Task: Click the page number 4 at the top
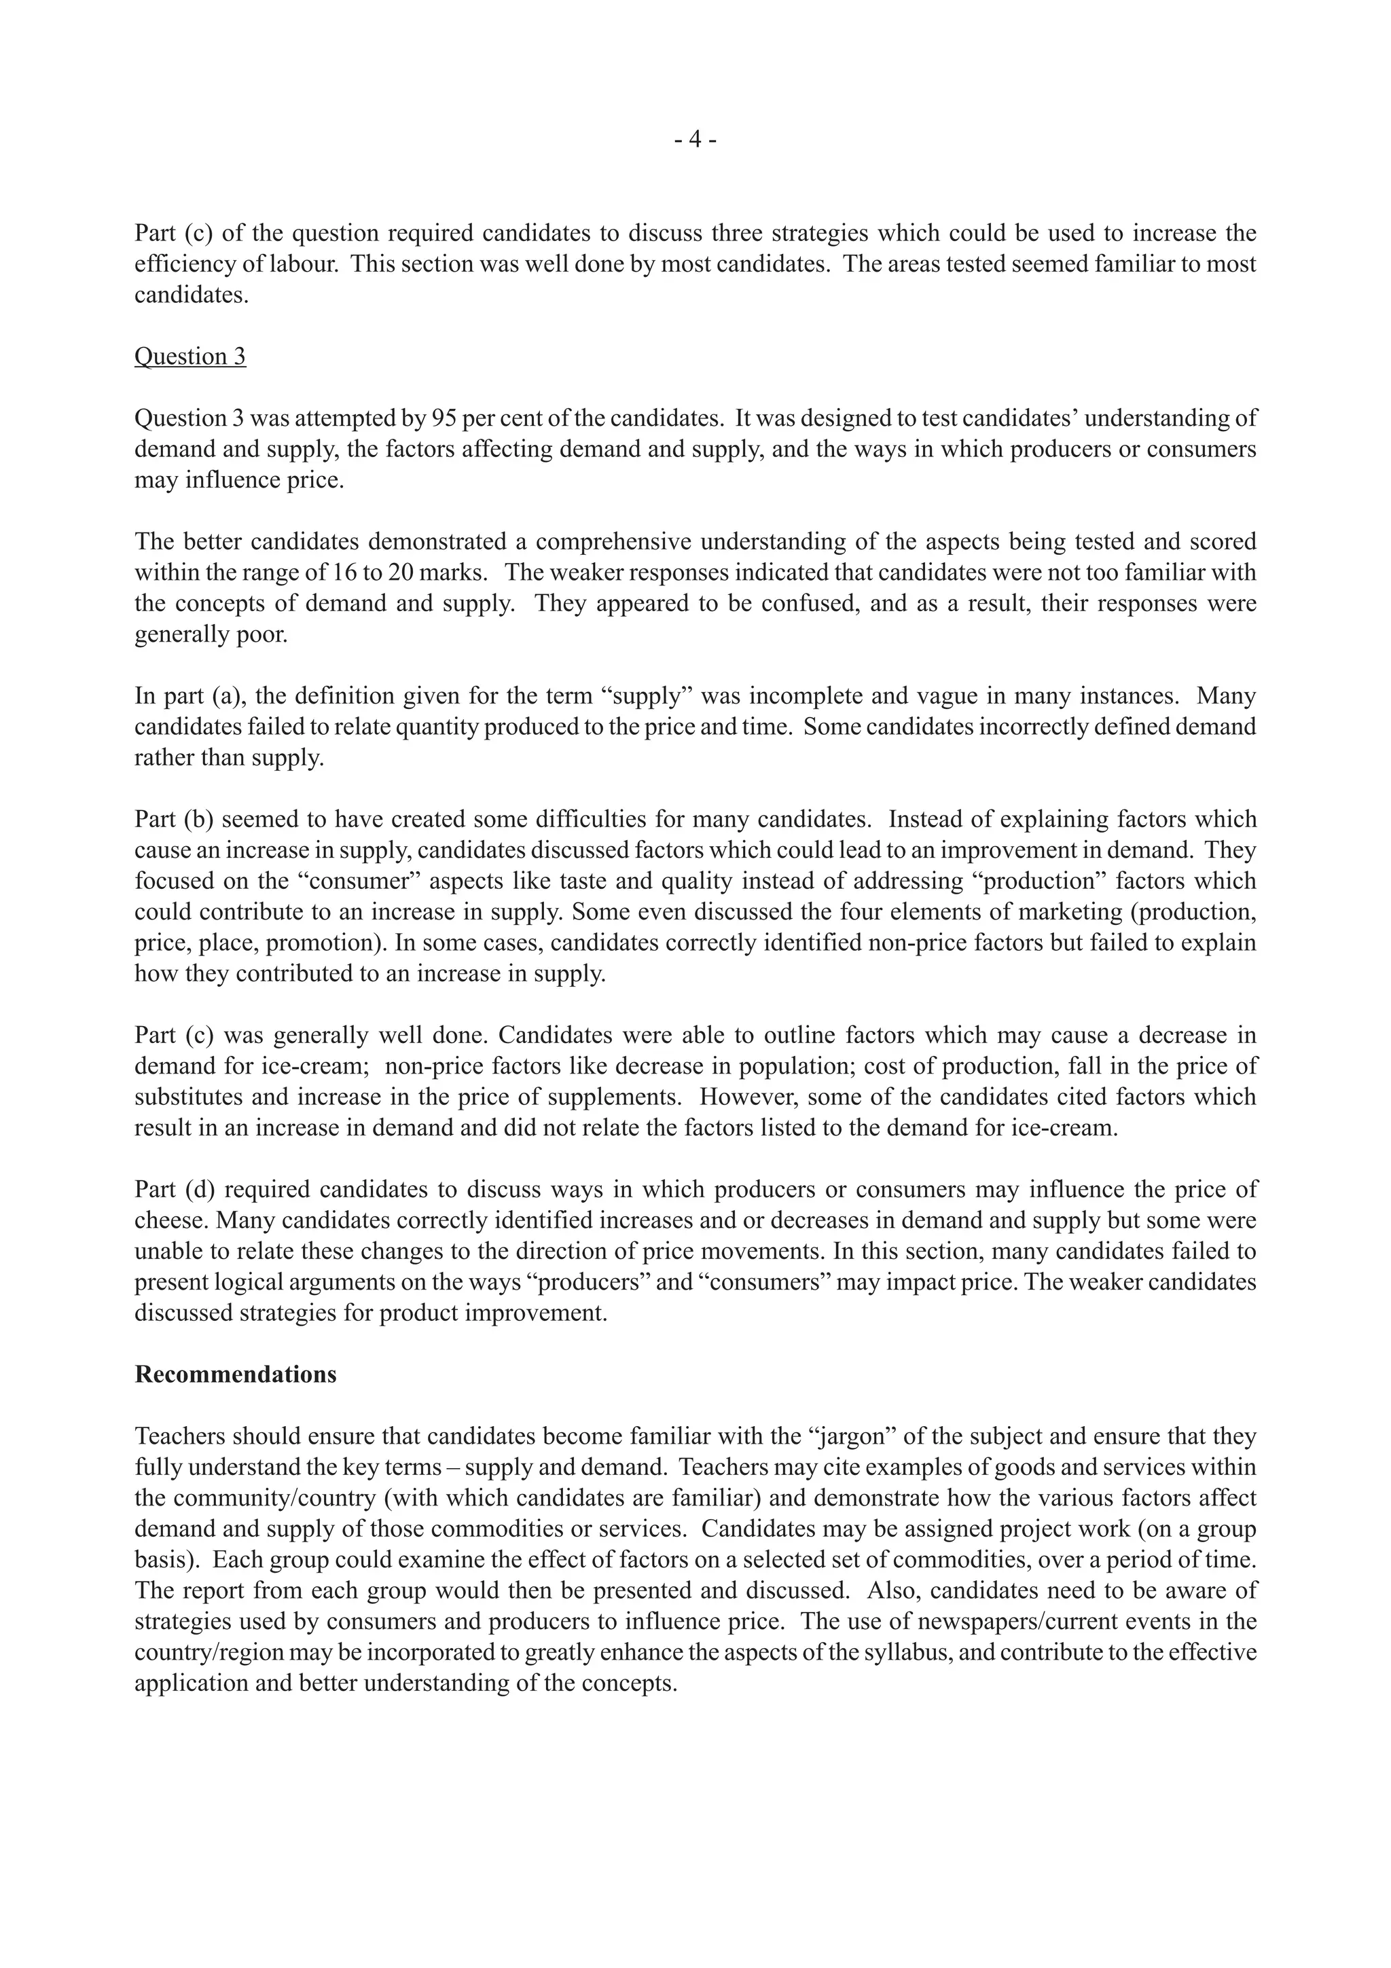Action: point(695,140)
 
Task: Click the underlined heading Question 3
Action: point(190,357)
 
